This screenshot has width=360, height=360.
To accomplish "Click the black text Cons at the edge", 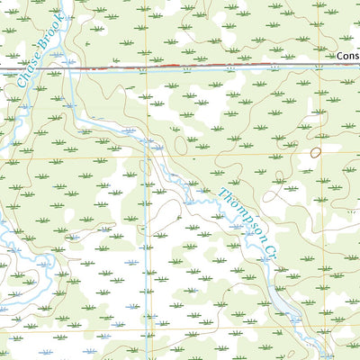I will pyautogui.click(x=348, y=56).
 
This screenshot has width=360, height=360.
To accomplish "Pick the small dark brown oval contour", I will pyautogui.click(x=316, y=152).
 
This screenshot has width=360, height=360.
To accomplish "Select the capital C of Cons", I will pyautogui.click(x=341, y=56).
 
